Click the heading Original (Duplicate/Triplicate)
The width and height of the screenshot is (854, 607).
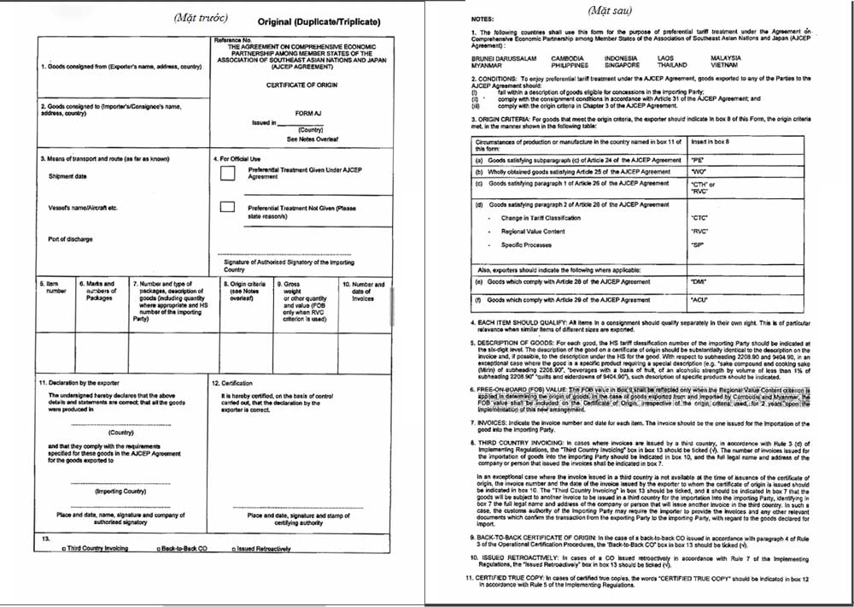(x=319, y=21)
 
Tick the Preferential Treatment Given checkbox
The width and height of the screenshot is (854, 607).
(x=227, y=174)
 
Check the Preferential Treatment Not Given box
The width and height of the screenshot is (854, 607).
(x=227, y=207)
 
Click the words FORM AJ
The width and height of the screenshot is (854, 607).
(x=307, y=113)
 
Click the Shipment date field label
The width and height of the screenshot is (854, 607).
(x=67, y=177)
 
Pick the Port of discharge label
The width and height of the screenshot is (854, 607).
(x=70, y=239)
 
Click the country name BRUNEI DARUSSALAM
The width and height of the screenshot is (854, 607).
(x=504, y=58)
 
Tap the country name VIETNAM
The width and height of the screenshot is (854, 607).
(x=724, y=65)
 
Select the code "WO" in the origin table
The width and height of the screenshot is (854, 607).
(x=698, y=172)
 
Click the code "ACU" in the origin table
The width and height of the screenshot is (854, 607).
(x=699, y=301)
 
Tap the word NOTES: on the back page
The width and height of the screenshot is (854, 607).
(x=483, y=18)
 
